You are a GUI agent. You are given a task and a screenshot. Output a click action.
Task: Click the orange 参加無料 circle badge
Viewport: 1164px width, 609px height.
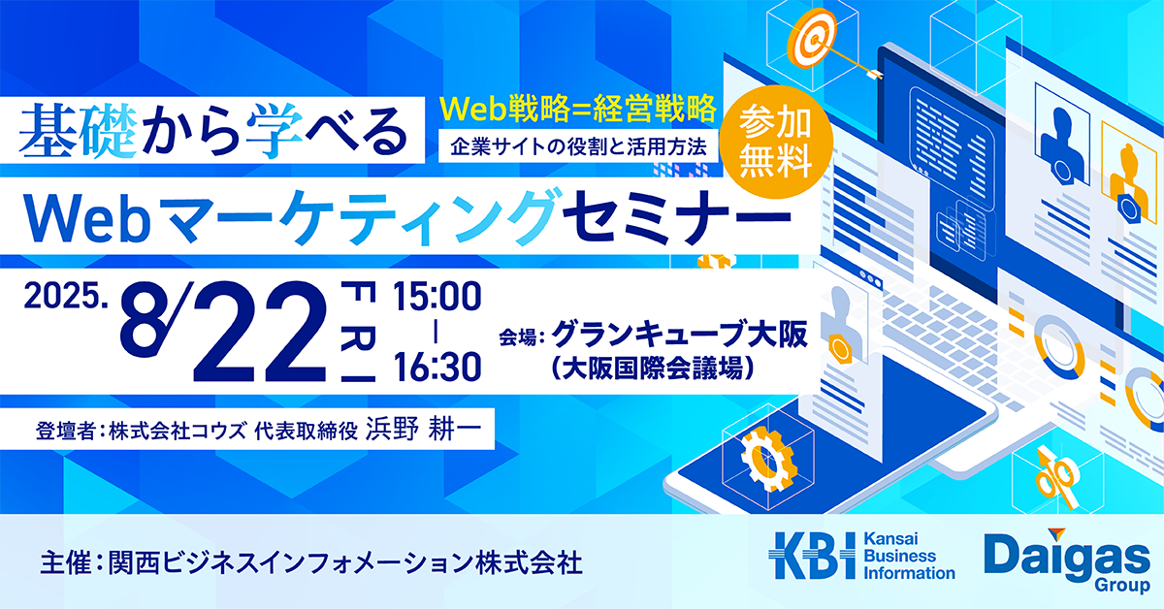pyautogui.click(x=775, y=142)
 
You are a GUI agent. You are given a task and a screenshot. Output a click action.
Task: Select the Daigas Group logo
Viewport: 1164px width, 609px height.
pyautogui.click(x=1067, y=561)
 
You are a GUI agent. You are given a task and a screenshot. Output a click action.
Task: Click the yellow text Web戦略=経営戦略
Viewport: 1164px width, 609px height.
pyautogui.click(x=578, y=110)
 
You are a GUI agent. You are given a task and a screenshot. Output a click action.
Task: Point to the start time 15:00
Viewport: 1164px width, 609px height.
pyautogui.click(x=436, y=297)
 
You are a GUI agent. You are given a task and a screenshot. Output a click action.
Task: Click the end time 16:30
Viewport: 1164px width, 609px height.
pyautogui.click(x=436, y=367)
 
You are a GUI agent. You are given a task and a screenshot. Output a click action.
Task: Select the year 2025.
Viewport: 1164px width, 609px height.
pyautogui.click(x=66, y=297)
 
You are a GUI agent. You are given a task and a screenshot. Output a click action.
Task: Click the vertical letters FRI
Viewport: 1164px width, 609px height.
pyautogui.click(x=358, y=332)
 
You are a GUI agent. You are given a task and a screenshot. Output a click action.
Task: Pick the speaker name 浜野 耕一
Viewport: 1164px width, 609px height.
pyautogui.click(x=423, y=430)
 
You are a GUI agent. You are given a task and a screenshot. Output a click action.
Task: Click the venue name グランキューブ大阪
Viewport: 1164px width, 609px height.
pyautogui.click(x=679, y=334)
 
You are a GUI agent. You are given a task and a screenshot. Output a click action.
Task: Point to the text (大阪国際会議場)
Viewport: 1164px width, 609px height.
pyautogui.click(x=653, y=369)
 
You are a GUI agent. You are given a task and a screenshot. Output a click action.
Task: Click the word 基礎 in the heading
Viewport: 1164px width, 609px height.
pyautogui.click(x=78, y=132)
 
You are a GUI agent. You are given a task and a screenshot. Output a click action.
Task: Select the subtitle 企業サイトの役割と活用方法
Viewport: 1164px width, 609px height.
pyautogui.click(x=578, y=147)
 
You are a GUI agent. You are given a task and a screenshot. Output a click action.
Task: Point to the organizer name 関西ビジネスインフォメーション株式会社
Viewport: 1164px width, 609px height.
pyautogui.click(x=345, y=563)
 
